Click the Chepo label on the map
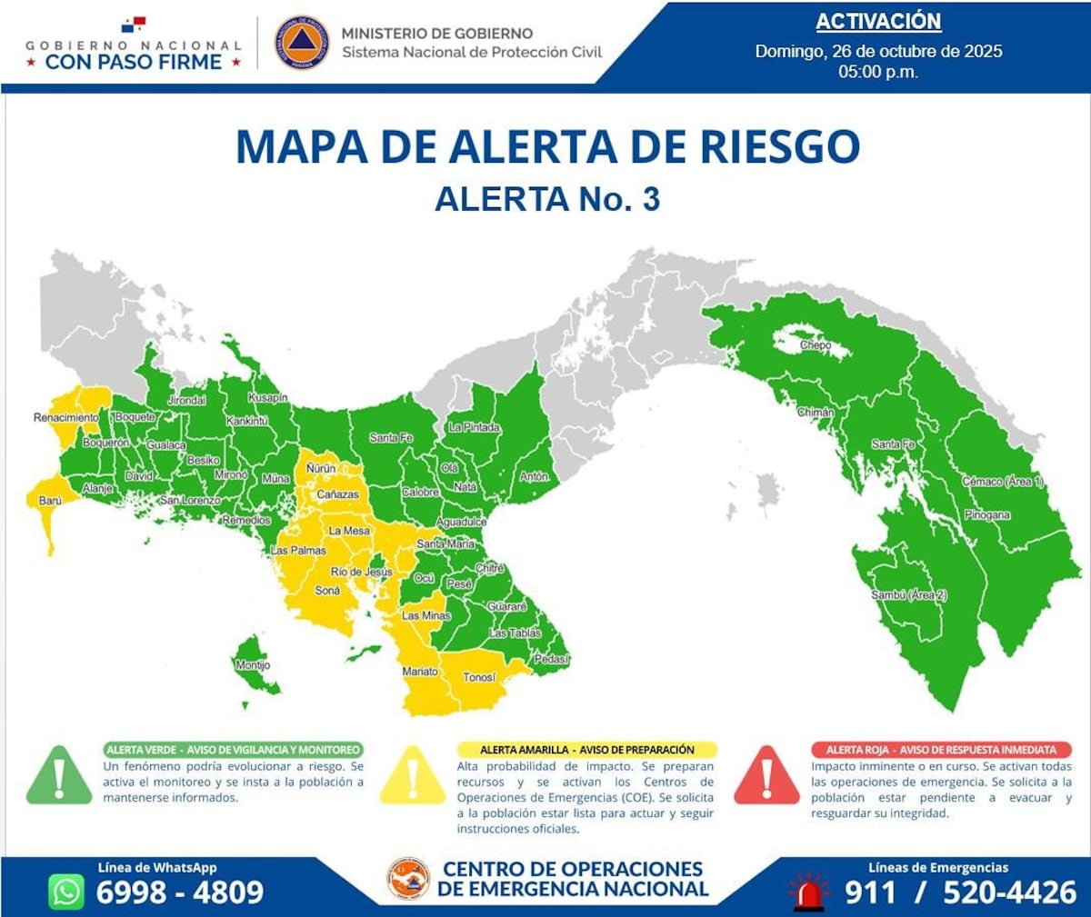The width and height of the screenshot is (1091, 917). coord(815,345)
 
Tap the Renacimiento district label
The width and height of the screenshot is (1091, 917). coord(65,417)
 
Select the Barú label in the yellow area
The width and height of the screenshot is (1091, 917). coord(50,501)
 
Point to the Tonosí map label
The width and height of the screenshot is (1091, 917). coord(479,677)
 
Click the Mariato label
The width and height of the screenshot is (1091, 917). coord(420,672)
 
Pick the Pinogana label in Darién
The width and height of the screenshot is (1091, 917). coord(986,515)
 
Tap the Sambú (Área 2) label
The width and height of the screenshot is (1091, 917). coord(908,594)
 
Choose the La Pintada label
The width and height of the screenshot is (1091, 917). coord(474,427)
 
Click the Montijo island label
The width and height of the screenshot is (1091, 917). coord(253,665)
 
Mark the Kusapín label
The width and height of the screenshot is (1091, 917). coord(268,398)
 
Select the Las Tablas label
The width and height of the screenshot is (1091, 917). coord(515,633)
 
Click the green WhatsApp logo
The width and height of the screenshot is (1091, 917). coord(66,892)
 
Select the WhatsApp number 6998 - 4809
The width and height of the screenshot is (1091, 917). coord(180,892)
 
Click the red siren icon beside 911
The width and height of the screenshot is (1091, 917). coord(808,892)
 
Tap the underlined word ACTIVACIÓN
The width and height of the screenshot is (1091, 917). coord(877,22)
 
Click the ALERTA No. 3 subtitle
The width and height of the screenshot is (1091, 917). coord(547,199)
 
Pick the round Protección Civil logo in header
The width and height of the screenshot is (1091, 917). coord(302,43)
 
